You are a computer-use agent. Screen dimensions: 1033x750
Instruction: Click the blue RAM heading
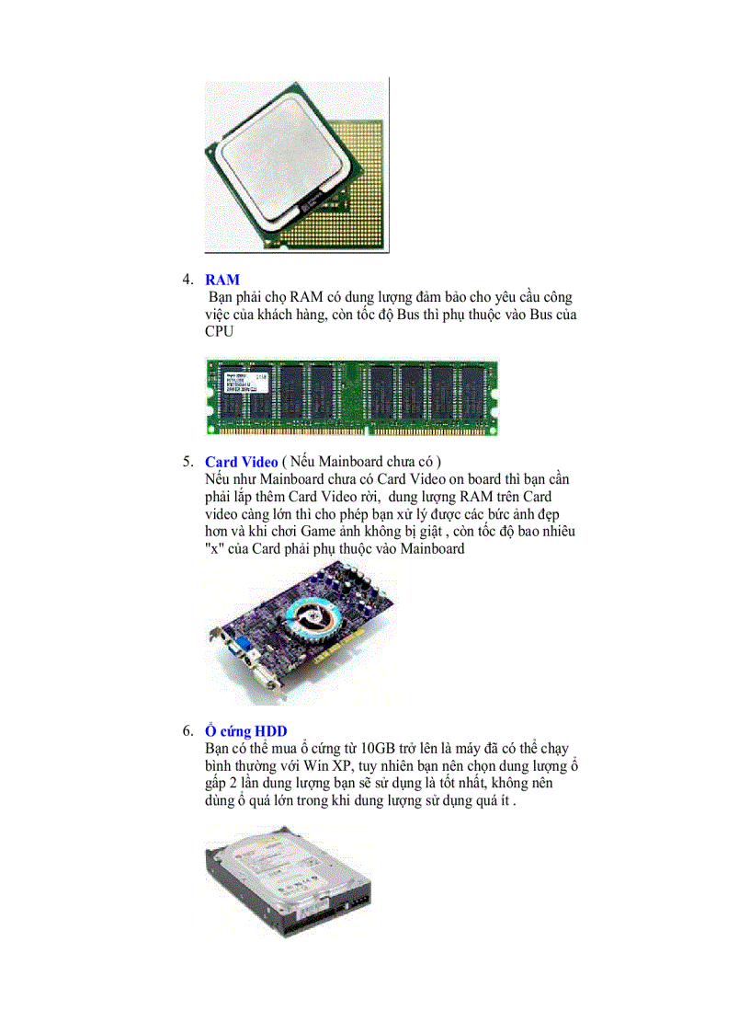click(222, 280)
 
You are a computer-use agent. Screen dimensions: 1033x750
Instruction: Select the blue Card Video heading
click(241, 462)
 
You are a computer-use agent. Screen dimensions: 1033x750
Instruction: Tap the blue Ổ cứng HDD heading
click(246, 731)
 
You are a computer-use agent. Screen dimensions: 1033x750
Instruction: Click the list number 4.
click(187, 280)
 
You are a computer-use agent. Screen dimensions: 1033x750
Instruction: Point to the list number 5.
click(187, 462)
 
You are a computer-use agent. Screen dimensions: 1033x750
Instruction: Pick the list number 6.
click(187, 731)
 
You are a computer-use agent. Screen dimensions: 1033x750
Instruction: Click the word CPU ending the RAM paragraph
click(221, 332)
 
